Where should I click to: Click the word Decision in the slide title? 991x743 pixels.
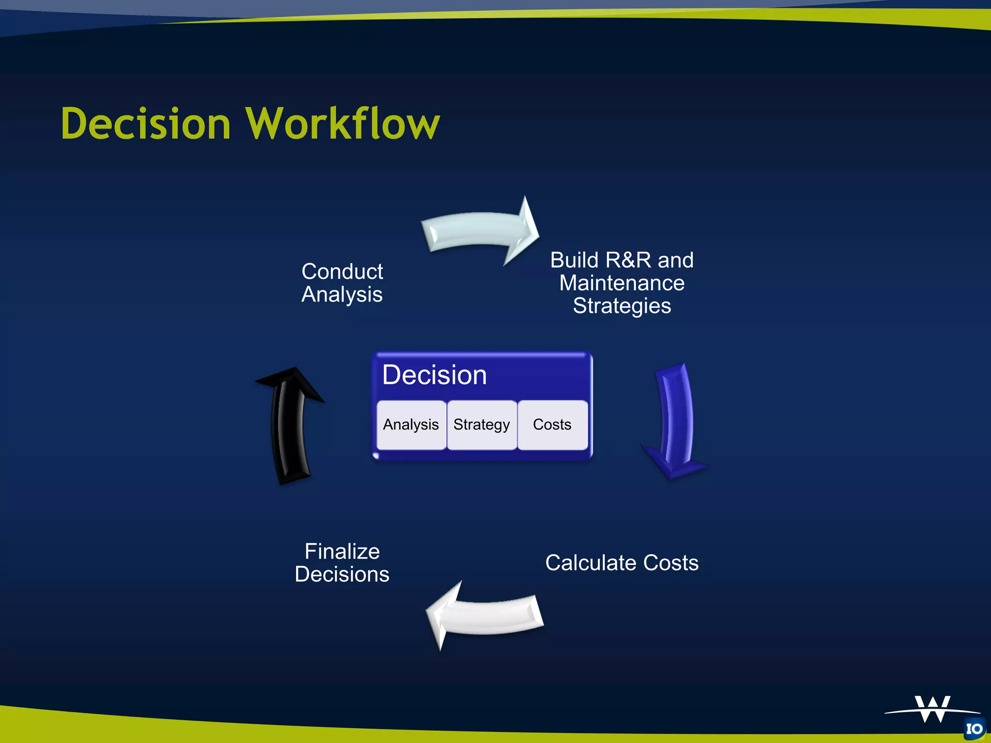[146, 124]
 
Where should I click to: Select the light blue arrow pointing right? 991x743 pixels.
[479, 232]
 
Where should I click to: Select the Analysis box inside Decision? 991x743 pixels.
[411, 425]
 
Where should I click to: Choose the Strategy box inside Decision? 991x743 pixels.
[481, 425]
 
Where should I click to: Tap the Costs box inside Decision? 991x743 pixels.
[552, 425]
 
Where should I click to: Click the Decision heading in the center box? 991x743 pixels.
[434, 375]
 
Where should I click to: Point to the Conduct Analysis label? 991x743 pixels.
[342, 283]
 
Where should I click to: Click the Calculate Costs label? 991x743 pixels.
[622, 563]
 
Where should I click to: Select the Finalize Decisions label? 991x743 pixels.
[342, 563]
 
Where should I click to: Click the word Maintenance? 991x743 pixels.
[622, 283]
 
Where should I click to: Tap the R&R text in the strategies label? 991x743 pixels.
[628, 260]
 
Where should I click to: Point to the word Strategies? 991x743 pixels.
[622, 306]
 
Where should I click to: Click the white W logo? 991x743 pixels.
[932, 710]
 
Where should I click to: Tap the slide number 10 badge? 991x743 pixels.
[974, 729]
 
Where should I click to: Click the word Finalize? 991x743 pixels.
[342, 551]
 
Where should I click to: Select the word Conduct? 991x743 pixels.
[342, 271]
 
